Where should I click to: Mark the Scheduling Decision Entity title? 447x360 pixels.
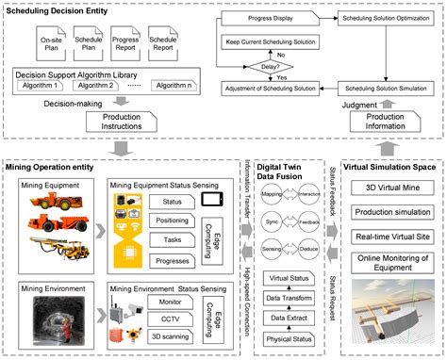click(x=57, y=8)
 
